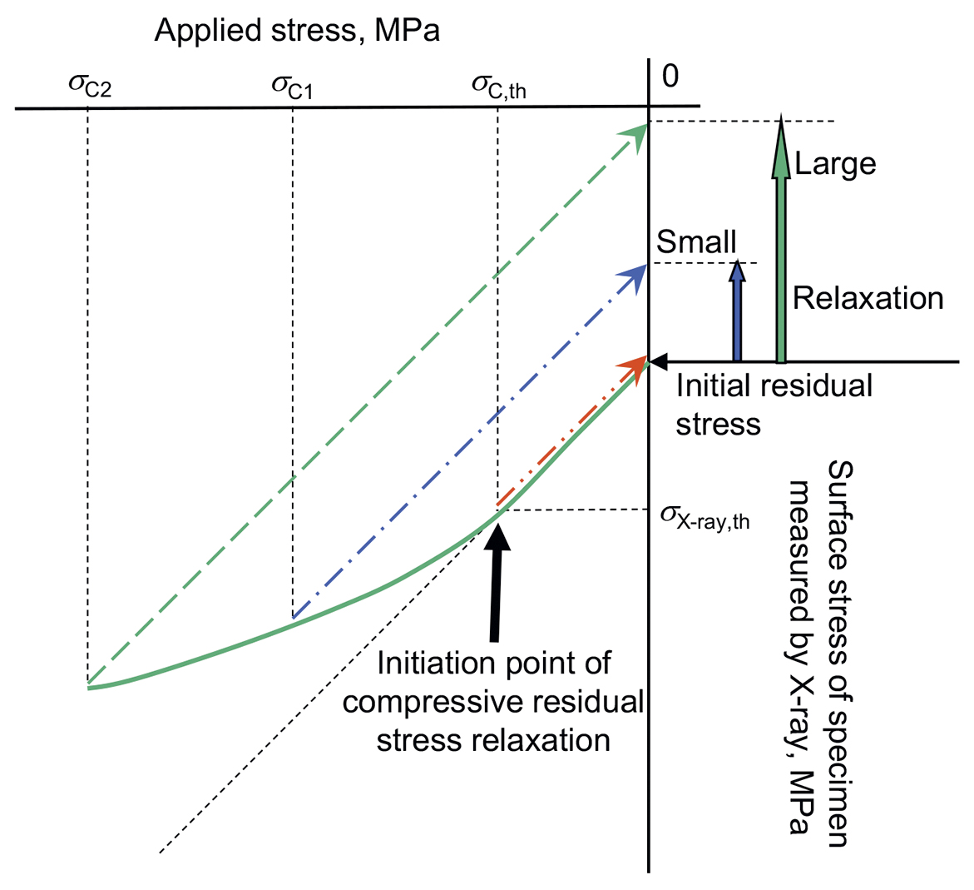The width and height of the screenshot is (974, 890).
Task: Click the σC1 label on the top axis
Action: [292, 87]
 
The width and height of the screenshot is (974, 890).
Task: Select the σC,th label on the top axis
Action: [499, 87]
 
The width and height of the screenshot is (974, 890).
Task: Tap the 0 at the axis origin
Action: [670, 76]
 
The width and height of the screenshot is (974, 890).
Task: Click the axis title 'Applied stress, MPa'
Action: [297, 31]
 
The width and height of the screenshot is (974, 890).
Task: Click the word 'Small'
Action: [696, 241]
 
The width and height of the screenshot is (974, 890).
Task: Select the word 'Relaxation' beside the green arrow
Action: [868, 299]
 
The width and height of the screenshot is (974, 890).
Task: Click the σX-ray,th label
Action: [705, 517]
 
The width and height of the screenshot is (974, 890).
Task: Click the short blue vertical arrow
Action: [737, 311]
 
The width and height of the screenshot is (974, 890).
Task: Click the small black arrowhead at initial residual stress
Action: [658, 360]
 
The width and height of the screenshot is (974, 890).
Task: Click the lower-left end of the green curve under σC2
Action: [88, 687]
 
